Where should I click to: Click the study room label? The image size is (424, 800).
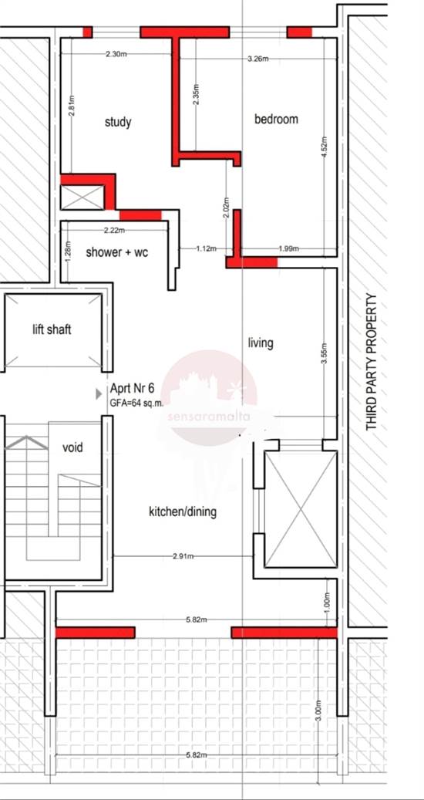(x=118, y=123)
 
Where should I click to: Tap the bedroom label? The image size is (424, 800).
(x=276, y=120)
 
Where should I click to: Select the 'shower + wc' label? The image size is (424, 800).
(x=116, y=252)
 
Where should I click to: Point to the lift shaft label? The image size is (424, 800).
(x=52, y=329)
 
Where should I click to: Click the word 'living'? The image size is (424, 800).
(x=261, y=343)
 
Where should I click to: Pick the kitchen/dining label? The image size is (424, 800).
(x=183, y=511)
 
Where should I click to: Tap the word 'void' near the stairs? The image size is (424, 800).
(x=72, y=448)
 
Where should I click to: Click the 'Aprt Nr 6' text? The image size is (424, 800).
(x=132, y=390)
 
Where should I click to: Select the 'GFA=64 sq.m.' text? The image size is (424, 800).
(x=136, y=403)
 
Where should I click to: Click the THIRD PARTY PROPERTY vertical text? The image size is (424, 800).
(x=372, y=363)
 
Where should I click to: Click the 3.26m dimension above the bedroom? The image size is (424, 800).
(x=257, y=59)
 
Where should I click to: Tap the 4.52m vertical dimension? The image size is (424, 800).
(x=325, y=147)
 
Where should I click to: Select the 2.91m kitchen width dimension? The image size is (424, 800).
(x=183, y=556)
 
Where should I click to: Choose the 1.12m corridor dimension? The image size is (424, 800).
(x=207, y=249)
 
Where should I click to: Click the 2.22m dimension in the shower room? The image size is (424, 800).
(x=114, y=230)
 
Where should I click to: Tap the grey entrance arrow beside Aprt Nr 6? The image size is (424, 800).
(x=99, y=394)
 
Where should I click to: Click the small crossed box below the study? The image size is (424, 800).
(x=82, y=197)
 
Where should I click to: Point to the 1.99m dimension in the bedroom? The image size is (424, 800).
(x=289, y=249)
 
